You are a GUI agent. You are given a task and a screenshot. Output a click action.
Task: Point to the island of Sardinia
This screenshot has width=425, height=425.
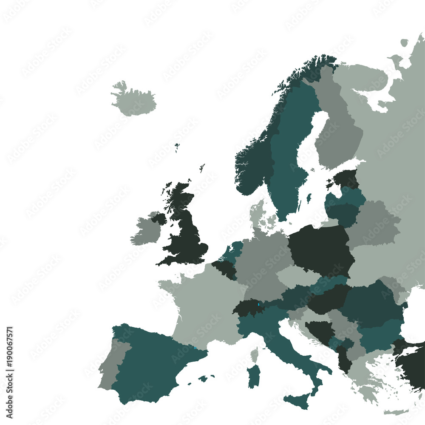pos(254,377)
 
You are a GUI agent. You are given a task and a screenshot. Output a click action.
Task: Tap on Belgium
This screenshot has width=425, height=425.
pos(224,268)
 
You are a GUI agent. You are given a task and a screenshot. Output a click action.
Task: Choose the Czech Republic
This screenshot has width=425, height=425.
pos(297,276)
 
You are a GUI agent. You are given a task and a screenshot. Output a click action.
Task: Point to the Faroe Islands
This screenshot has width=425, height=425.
pos(177,147)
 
